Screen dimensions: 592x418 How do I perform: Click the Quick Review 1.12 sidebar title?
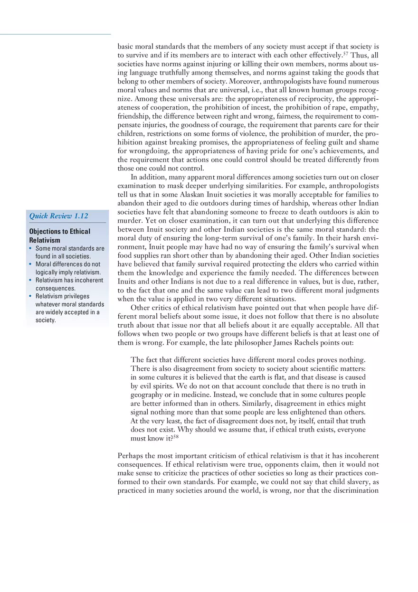tap(59, 216)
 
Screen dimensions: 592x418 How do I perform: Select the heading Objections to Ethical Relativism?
tap(59, 235)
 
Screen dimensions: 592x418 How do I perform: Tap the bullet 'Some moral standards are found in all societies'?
tap(69, 252)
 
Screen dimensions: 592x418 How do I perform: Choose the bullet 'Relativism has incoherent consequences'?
tap(69, 284)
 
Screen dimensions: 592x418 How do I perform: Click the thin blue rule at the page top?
tap(55, 34)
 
